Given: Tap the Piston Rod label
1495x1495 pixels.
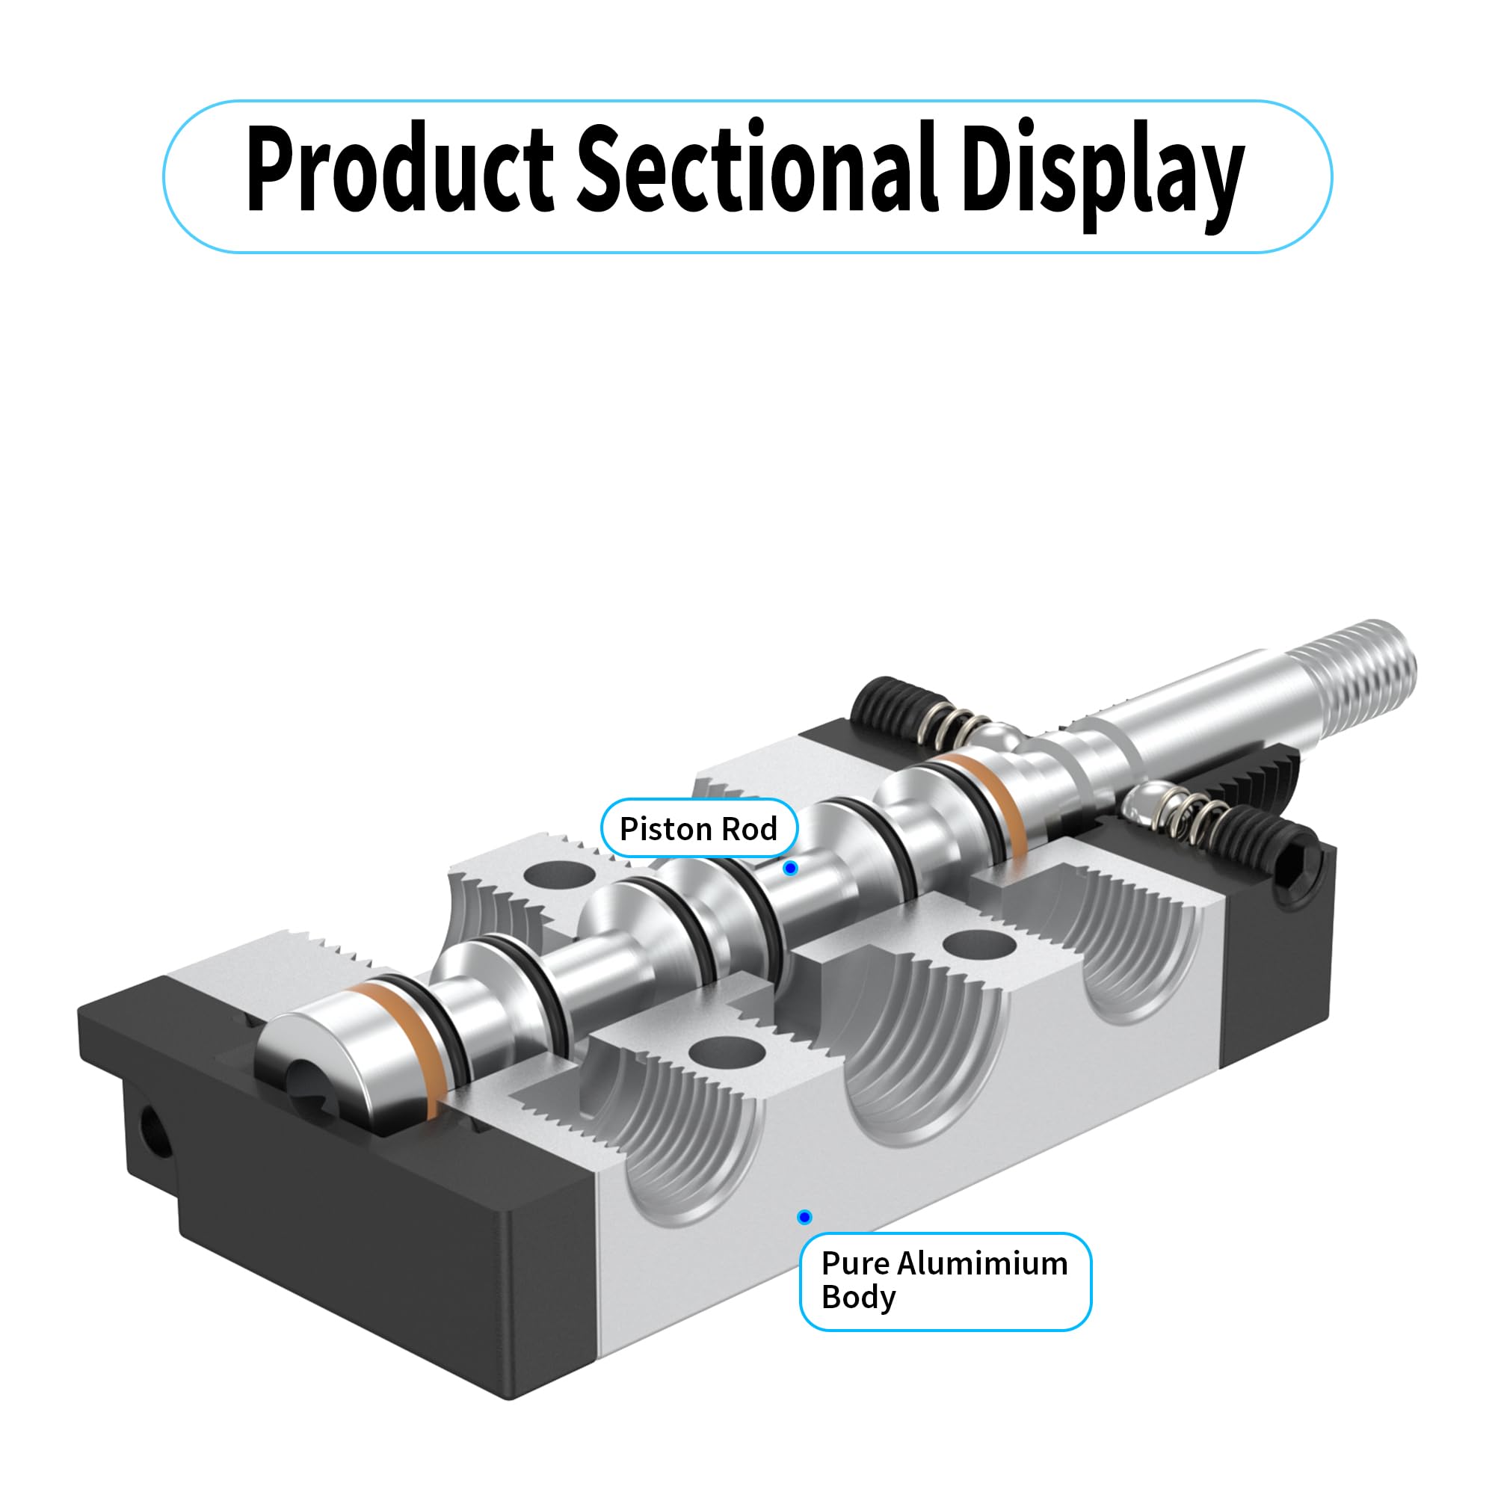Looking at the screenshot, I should [x=698, y=829].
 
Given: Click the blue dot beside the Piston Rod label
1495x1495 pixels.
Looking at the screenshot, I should [x=790, y=868].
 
